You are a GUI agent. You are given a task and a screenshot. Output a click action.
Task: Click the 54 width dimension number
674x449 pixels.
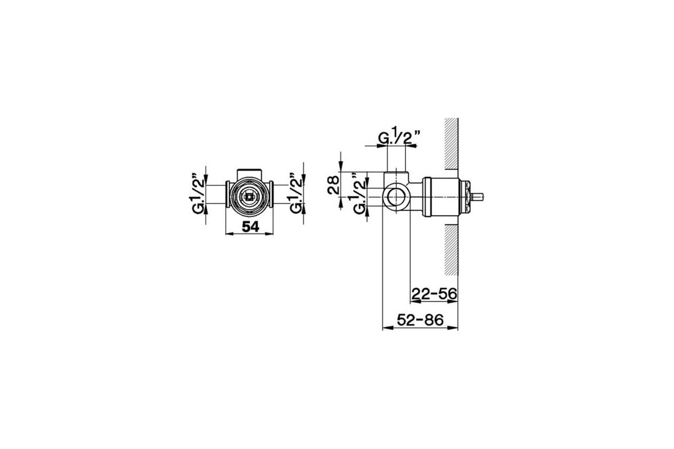251,227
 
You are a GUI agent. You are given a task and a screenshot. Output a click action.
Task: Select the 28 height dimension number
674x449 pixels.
334,185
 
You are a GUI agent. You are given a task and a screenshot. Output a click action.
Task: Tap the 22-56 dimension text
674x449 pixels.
434,294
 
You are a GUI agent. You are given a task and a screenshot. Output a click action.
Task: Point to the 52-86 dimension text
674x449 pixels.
420,320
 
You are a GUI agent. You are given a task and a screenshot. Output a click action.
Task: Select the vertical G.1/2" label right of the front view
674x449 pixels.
296,193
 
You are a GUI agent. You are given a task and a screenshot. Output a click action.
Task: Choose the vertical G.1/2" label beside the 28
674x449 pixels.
359,194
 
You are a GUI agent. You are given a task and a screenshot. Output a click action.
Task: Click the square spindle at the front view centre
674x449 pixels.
249,198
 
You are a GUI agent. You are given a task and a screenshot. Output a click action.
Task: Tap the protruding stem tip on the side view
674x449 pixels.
477,197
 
